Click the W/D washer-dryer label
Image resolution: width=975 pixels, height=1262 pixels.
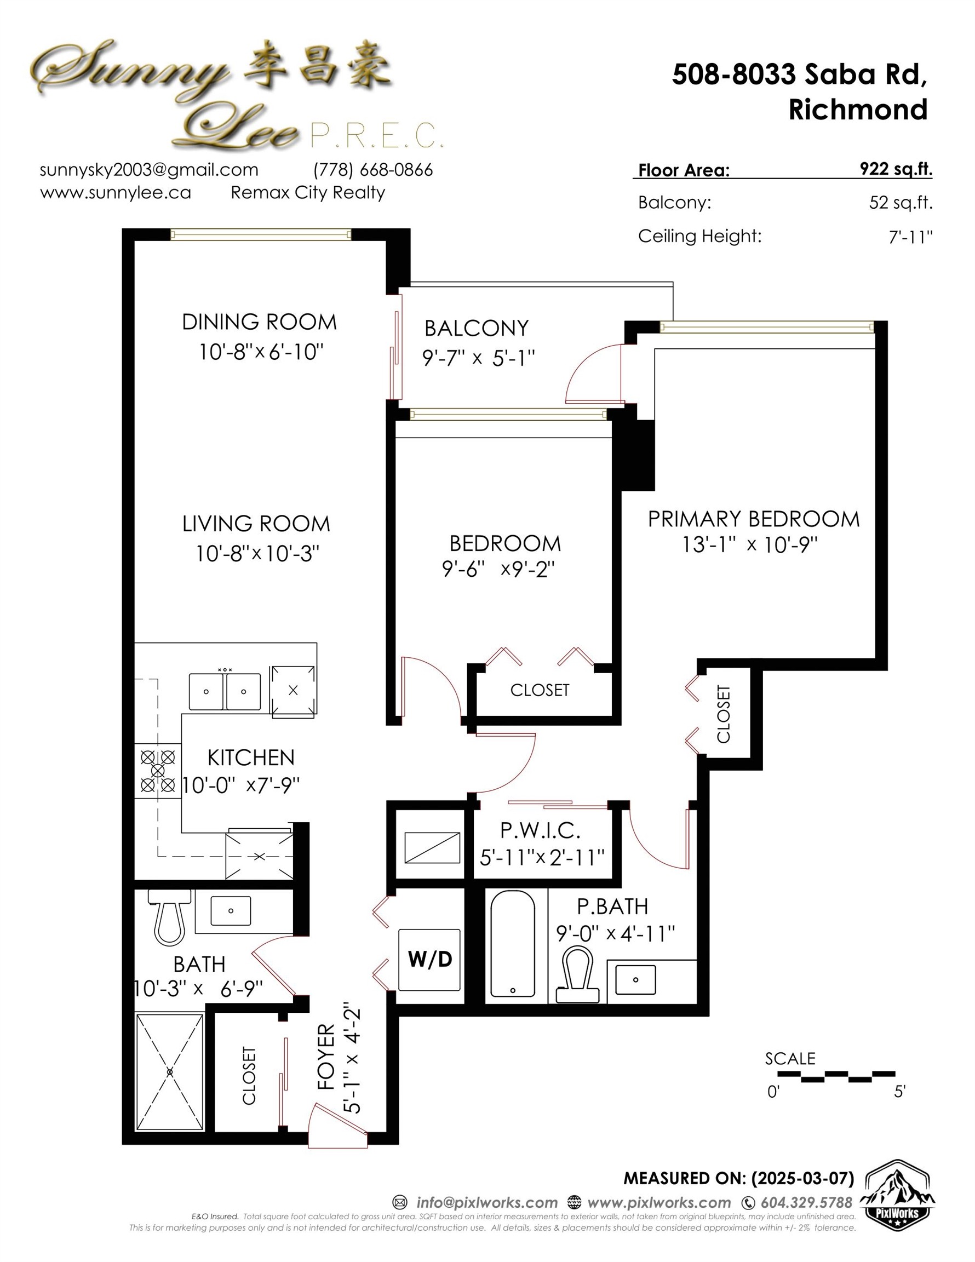429,960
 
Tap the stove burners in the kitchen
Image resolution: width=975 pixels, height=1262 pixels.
158,770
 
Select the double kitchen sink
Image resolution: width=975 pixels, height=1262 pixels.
225,691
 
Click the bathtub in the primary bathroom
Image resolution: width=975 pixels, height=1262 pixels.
513,944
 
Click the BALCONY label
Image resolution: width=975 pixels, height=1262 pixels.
476,328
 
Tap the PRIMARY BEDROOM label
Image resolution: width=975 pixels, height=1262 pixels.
754,519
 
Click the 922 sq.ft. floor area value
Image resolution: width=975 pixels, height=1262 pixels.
896,169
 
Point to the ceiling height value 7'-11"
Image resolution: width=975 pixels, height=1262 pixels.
911,236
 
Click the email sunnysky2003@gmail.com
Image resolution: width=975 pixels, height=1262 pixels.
149,170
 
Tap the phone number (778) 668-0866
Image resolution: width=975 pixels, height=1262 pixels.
373,170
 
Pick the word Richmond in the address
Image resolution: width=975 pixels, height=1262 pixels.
858,110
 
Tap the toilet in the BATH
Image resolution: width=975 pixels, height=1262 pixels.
169,916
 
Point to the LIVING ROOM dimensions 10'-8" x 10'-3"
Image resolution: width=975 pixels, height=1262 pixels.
257,554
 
